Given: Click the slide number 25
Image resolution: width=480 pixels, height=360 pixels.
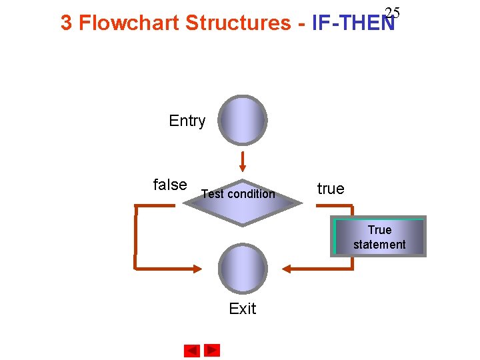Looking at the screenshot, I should (392, 13).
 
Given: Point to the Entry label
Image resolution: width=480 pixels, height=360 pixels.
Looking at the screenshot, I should (187, 121).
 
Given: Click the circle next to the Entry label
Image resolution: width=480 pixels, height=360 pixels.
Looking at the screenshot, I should (243, 121).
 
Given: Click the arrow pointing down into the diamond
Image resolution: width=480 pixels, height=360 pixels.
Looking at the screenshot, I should (243, 162).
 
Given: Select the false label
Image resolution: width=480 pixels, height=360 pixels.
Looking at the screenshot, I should (170, 185).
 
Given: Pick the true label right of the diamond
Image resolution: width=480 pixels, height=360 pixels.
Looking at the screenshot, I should (331, 189).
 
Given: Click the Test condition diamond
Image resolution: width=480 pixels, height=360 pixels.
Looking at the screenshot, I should (243, 202).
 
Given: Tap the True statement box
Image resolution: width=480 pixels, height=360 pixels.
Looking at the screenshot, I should (379, 237).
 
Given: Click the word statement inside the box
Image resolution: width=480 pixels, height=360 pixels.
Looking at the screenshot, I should (379, 245).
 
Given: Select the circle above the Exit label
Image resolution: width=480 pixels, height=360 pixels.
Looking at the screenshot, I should (243, 269).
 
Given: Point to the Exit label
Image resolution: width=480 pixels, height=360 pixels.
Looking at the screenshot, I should (242, 309).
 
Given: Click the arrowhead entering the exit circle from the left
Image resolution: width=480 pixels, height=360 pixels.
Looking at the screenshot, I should (196, 269).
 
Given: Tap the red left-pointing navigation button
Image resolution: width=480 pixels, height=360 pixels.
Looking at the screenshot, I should (192, 350).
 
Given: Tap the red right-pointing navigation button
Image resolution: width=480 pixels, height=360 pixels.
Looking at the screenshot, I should (212, 350).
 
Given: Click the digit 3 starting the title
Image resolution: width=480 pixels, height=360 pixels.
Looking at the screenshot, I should (66, 23).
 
